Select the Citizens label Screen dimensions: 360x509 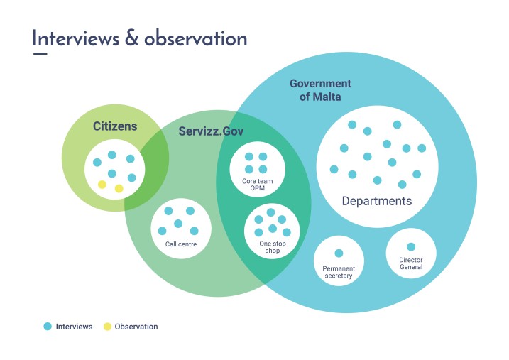click(x=114, y=126)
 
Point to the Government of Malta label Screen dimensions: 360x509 click(x=320, y=90)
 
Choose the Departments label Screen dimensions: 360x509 click(x=376, y=201)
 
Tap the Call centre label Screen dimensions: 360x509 click(x=181, y=244)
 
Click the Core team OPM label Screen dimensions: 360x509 click(x=258, y=185)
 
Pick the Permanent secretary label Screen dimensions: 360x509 click(x=338, y=272)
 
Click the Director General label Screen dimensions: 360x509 click(x=410, y=263)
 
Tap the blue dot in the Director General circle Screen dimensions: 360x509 click(x=410, y=247)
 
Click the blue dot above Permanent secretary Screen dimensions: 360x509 click(x=339, y=253)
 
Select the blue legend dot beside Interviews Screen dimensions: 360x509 click(x=48, y=327)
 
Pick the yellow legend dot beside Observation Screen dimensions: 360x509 click(x=107, y=327)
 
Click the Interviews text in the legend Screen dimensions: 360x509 click(x=74, y=327)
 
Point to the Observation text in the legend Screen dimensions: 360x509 click(x=136, y=327)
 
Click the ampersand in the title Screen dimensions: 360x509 click(x=131, y=38)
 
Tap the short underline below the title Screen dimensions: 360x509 click(x=40, y=53)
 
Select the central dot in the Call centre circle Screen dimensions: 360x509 click(x=178, y=224)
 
